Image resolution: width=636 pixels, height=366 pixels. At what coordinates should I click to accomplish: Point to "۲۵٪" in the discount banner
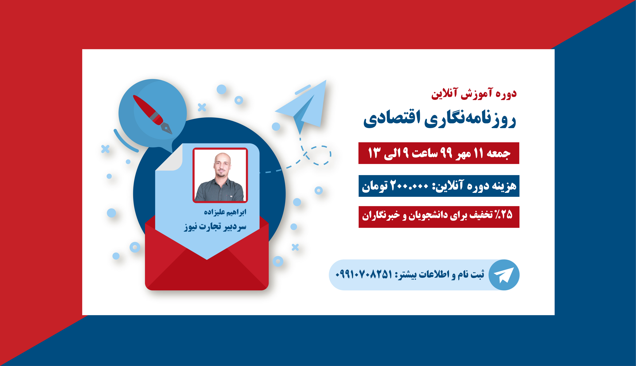(x=503, y=214)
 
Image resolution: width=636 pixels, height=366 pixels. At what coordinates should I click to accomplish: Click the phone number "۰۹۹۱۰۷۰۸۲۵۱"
(x=364, y=274)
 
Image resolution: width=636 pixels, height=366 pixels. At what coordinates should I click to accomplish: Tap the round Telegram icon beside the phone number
(x=504, y=275)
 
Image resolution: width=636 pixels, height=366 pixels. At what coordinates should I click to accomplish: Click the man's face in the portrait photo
(x=222, y=165)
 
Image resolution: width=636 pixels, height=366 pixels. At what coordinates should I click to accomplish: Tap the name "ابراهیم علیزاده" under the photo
(x=225, y=212)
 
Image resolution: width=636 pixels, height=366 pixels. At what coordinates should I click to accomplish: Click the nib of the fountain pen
(x=167, y=129)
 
